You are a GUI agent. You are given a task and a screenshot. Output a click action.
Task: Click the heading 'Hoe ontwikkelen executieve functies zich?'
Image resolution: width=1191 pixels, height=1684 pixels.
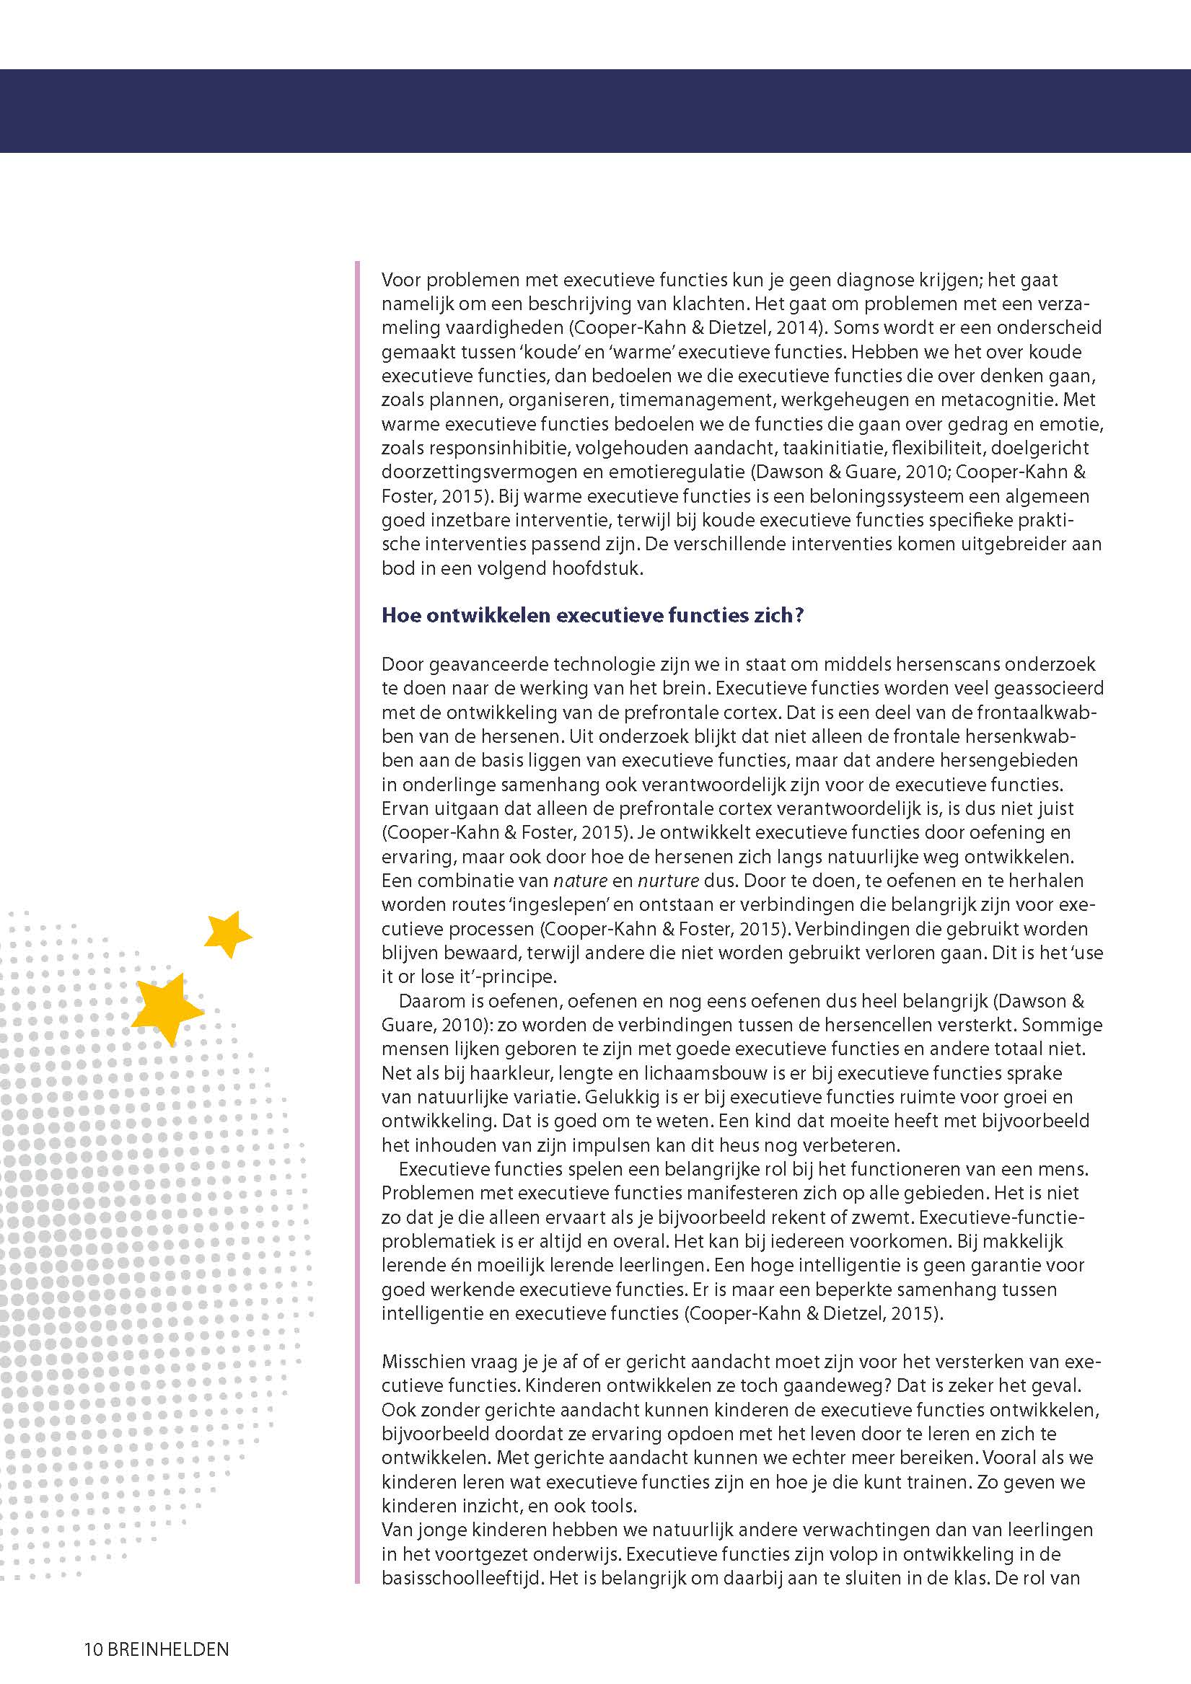click(x=592, y=614)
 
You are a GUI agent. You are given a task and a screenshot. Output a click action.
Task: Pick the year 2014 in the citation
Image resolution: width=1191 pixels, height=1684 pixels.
click(x=800, y=327)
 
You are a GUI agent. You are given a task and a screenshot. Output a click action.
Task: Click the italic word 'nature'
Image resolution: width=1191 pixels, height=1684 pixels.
click(x=581, y=880)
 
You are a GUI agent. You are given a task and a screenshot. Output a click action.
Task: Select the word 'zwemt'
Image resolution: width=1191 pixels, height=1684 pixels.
click(x=886, y=1217)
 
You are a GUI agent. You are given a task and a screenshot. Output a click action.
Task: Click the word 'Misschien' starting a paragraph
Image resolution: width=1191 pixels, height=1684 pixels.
click(x=423, y=1362)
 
